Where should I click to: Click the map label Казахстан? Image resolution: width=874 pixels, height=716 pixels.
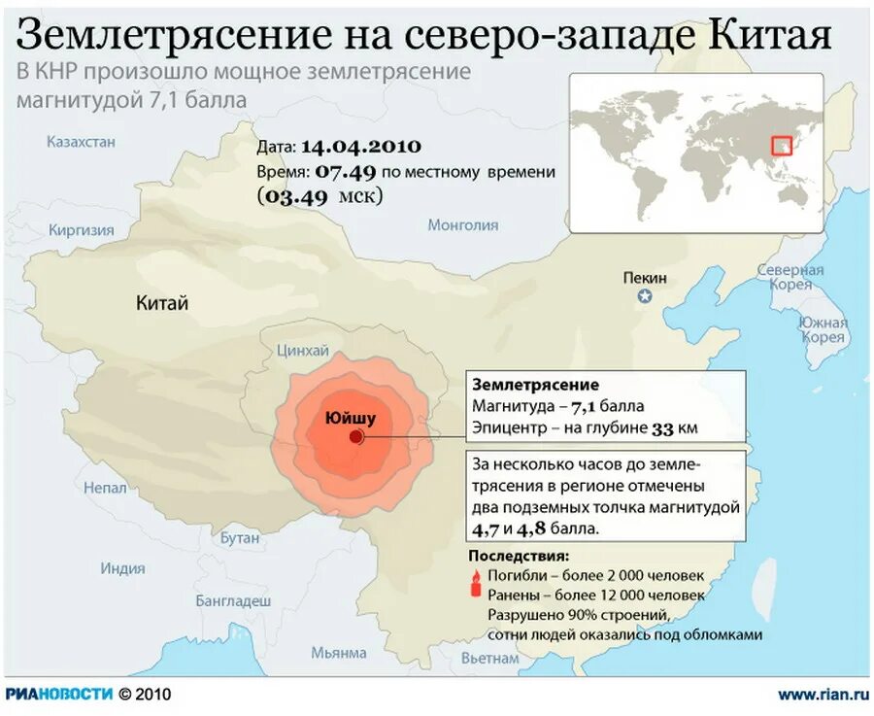(x=81, y=142)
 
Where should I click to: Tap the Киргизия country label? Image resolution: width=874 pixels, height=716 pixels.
(x=82, y=230)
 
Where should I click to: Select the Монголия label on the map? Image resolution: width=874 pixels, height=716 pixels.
(x=462, y=225)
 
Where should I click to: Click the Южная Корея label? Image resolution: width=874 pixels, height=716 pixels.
(x=823, y=329)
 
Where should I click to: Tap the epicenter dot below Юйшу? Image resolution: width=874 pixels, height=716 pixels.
(x=358, y=439)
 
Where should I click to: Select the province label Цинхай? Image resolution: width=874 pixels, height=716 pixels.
(x=303, y=351)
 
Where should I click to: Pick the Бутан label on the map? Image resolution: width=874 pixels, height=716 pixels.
(x=240, y=537)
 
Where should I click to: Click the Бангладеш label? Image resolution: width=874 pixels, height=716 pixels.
(x=233, y=600)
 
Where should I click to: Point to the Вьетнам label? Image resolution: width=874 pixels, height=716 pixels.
(x=490, y=658)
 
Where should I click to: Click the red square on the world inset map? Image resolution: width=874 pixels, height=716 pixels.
(x=782, y=145)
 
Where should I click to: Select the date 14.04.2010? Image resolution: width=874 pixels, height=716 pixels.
(x=360, y=147)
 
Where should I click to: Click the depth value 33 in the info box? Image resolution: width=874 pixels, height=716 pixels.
(x=661, y=427)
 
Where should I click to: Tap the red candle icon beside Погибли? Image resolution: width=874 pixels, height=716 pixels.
(x=476, y=584)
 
